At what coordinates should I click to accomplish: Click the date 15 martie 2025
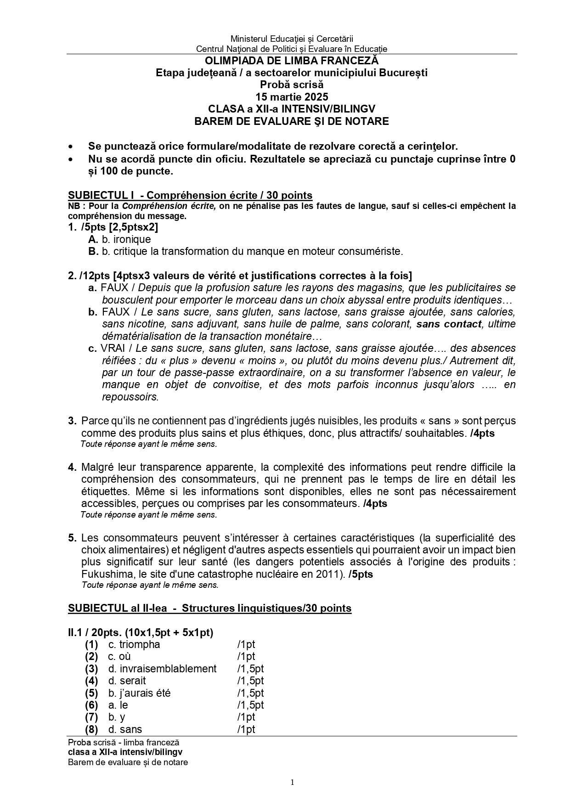[x=292, y=97]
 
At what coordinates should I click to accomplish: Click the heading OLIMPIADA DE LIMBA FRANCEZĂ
[x=292, y=61]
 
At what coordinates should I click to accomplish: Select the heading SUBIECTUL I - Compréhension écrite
[x=190, y=195]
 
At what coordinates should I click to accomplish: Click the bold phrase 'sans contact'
[x=449, y=324]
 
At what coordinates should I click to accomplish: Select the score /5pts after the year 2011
[x=361, y=574]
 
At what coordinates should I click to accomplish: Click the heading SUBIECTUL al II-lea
[x=209, y=608]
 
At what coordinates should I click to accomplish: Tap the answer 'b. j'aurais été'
[x=140, y=693]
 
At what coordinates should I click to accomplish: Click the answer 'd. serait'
[x=127, y=681]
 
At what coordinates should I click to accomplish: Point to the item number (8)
[x=91, y=729]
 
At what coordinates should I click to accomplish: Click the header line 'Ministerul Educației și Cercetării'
[x=292, y=39]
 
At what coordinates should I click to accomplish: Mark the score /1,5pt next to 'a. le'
[x=250, y=705]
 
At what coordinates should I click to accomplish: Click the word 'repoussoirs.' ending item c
[x=130, y=397]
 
